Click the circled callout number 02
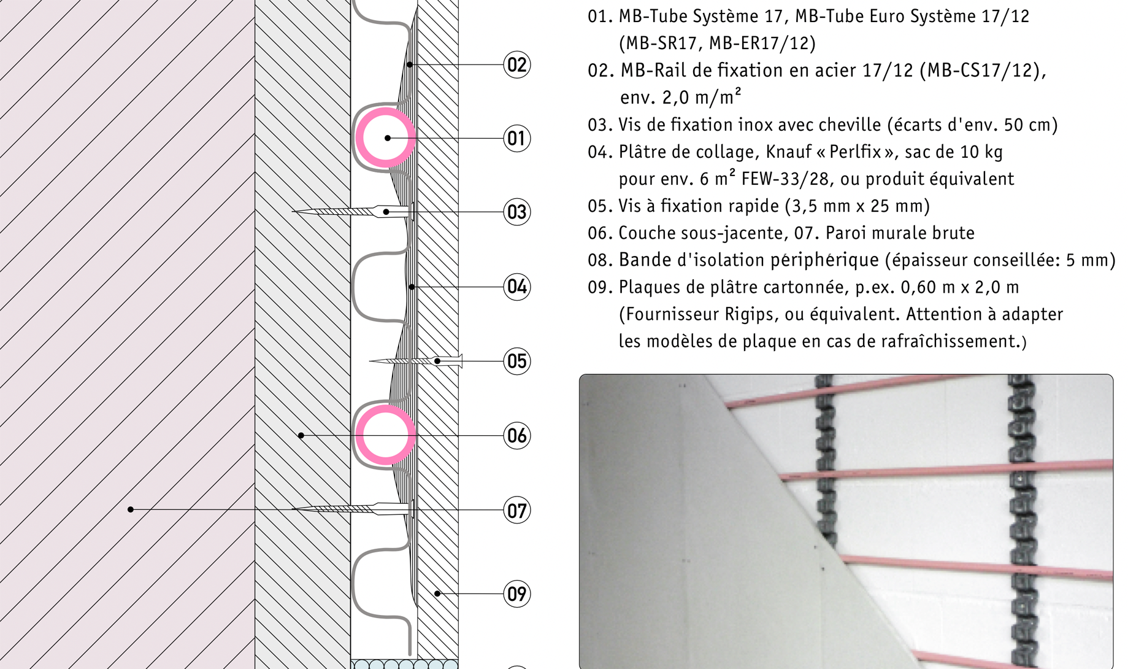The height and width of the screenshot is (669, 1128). pos(516,64)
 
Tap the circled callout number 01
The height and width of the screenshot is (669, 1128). pos(516,138)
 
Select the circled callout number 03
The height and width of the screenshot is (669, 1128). pos(516,212)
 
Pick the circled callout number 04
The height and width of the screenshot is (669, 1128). pos(516,287)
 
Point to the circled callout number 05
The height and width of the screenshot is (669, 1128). pos(516,361)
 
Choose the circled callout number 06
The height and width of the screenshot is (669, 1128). pos(516,436)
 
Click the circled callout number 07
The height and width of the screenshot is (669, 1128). pos(516,510)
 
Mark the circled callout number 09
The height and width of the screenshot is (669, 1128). pos(516,594)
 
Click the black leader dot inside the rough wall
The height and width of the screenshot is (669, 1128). pos(131,509)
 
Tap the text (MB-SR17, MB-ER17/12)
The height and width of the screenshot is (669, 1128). pos(717,43)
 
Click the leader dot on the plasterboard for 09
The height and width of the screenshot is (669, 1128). pos(437,594)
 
